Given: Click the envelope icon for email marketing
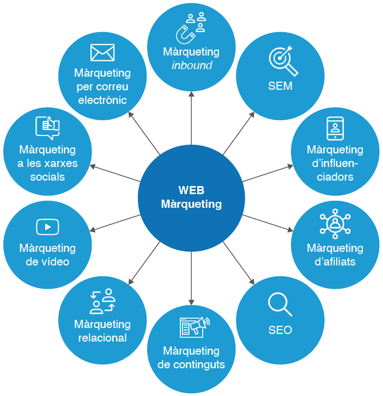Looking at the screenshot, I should (x=102, y=53).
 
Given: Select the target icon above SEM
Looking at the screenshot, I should (x=283, y=61).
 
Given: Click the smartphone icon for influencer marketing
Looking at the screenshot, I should (x=335, y=128).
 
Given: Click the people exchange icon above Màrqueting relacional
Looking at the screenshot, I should (x=102, y=301).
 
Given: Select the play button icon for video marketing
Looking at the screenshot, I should (x=47, y=226).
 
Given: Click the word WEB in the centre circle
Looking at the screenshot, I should (x=191, y=190).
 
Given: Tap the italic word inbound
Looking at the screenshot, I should (x=191, y=66).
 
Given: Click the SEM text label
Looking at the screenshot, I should (x=280, y=86).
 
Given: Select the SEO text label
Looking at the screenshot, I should (x=280, y=330).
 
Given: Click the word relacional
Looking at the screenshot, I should (x=102, y=338).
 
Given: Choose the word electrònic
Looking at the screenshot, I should (x=102, y=100).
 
